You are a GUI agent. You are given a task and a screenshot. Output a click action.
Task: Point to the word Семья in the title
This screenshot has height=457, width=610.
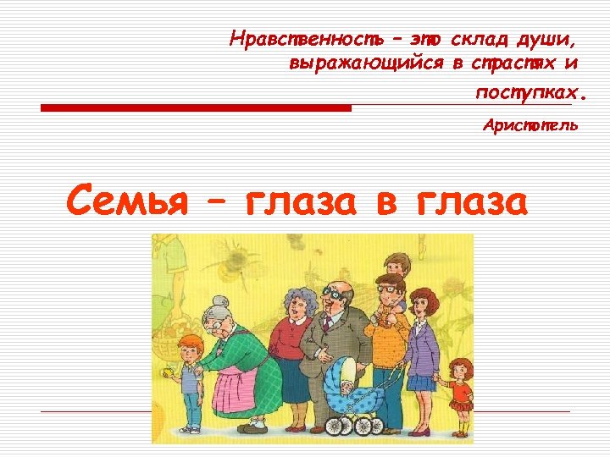click(125, 200)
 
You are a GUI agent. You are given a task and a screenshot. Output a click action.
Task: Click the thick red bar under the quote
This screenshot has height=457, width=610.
click(196, 108)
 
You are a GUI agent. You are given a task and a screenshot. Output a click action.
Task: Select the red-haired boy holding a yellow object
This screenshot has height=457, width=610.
click(189, 381)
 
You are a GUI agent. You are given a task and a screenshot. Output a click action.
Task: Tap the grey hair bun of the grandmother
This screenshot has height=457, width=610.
click(222, 302)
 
